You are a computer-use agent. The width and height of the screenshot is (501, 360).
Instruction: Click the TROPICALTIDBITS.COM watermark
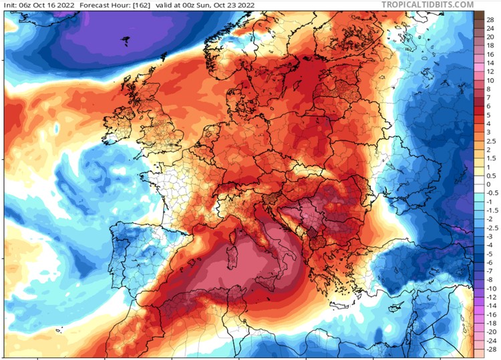click(428, 5)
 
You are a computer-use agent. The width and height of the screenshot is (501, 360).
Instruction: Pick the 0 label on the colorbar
click(490, 183)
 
